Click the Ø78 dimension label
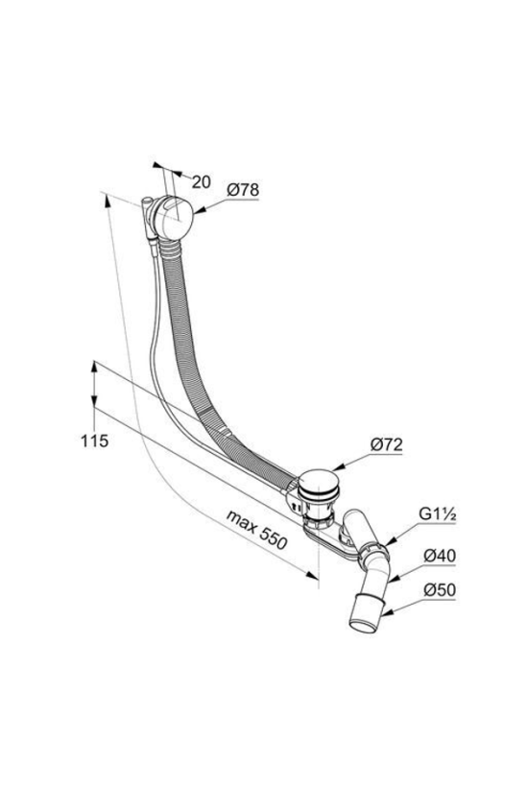(243, 190)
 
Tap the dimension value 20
(202, 181)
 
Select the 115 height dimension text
(94, 441)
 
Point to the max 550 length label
(256, 530)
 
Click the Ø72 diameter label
(387, 444)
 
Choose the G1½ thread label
(437, 514)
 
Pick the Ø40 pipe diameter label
(439, 556)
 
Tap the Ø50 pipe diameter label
(439, 589)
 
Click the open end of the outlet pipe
(365, 628)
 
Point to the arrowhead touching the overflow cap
(197, 212)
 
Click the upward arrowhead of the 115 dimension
(94, 367)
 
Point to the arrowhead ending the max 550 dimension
(312, 575)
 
